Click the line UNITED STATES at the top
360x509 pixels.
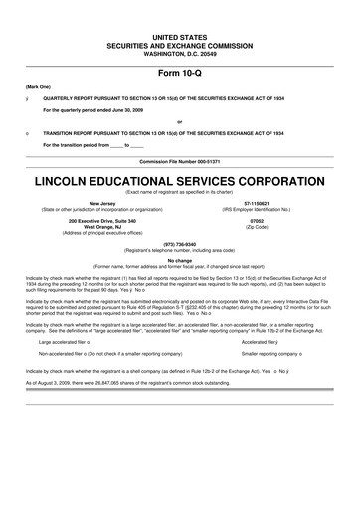pos(180,35)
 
